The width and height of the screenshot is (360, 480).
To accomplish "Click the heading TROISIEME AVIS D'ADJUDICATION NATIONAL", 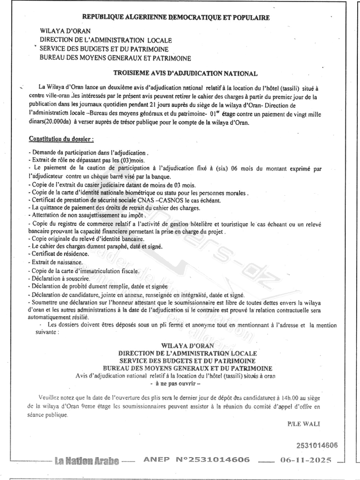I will tap(185, 73).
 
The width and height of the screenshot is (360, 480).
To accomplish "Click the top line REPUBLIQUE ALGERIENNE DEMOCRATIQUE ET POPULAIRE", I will tap(176, 17).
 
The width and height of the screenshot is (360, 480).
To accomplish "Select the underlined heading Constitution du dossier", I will tap(61, 139).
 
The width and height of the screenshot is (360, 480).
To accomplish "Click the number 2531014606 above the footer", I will tap(317, 445).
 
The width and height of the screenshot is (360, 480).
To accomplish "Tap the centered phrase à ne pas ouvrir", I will tap(175, 383).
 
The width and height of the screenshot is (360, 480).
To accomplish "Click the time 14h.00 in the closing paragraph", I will tap(289, 398).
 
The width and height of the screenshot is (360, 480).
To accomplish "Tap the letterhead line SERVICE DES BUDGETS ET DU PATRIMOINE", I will tap(104, 49).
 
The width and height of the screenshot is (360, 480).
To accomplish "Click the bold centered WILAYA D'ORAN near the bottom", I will tap(187, 345).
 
